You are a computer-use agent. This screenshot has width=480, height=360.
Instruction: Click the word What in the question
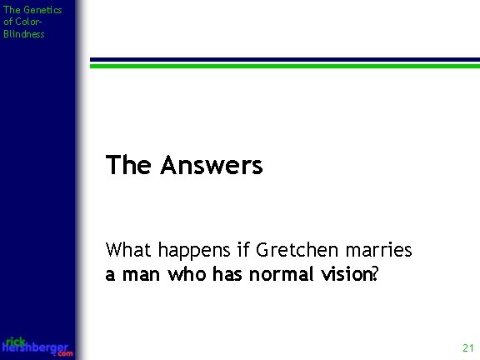coord(126,251)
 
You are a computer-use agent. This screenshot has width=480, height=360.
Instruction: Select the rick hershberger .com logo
coord(37,347)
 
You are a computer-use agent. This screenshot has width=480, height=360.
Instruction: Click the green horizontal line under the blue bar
coord(284,66)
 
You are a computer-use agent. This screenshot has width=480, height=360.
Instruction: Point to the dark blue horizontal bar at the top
coord(284,59)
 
